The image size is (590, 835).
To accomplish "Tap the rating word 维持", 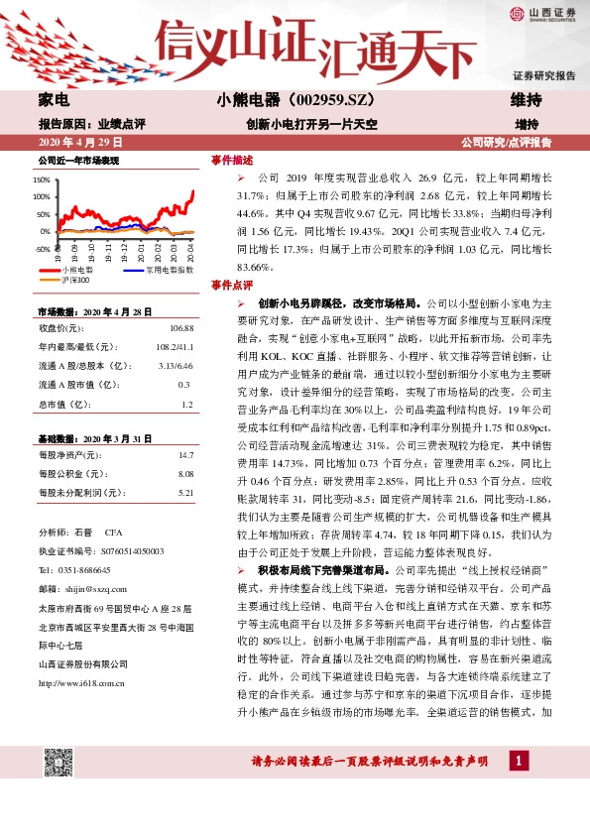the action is pyautogui.click(x=526, y=100).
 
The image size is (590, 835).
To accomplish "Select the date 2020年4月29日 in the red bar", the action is pyautogui.click(x=74, y=142).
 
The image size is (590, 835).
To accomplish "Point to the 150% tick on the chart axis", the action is pyautogui.click(x=42, y=180).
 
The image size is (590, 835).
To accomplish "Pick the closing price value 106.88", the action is pyautogui.click(x=181, y=327).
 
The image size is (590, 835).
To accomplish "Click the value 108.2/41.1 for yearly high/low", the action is pyautogui.click(x=176, y=346).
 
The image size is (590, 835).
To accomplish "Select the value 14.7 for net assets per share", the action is pyautogui.click(x=185, y=455).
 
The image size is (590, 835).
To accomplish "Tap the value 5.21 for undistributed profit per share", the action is pyautogui.click(x=185, y=493).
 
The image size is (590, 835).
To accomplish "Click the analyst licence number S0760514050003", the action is pyautogui.click(x=115, y=550).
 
